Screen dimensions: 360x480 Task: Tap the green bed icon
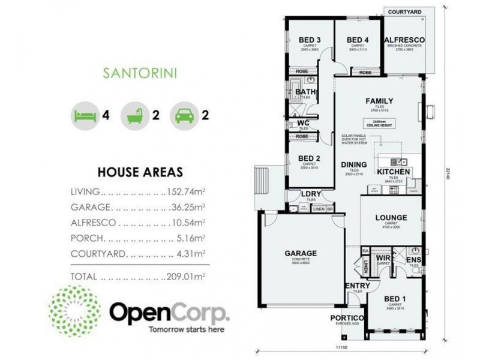tap(83, 114)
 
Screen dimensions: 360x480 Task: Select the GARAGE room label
tap(301, 253)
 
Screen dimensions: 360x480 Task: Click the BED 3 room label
tap(310, 40)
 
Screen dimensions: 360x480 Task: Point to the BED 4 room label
tap(358, 40)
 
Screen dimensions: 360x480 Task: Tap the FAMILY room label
tap(379, 101)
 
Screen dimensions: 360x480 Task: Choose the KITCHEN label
tap(394, 172)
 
